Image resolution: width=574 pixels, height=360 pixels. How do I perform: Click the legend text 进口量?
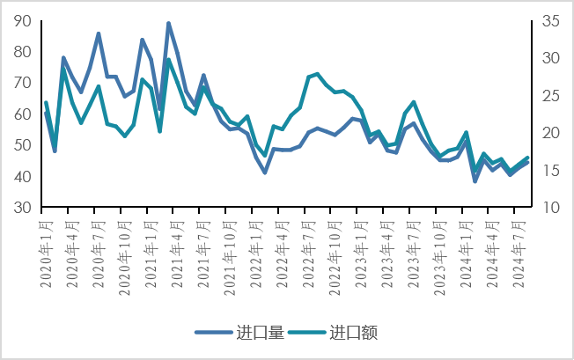[x=260, y=332]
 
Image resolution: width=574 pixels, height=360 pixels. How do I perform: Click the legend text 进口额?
[x=353, y=332]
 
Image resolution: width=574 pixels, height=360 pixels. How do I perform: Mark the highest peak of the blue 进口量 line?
[x=168, y=24]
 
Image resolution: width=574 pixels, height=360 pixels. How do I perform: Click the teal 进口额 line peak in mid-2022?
[x=317, y=74]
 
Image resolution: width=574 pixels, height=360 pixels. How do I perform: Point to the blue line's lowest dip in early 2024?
[x=475, y=181]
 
